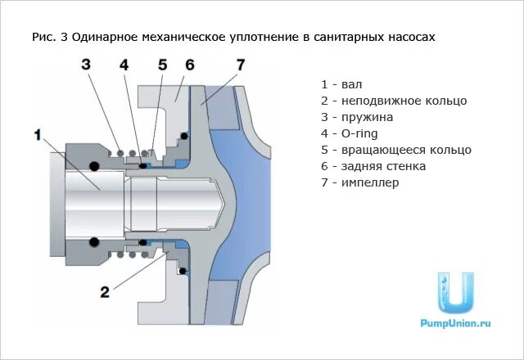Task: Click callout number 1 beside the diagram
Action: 38,135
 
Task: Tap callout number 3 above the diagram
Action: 85,65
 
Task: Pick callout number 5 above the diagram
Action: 162,65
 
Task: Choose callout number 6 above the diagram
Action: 189,65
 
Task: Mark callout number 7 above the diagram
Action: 240,65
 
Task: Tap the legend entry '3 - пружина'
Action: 357,117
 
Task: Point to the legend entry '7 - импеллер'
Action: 359,182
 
